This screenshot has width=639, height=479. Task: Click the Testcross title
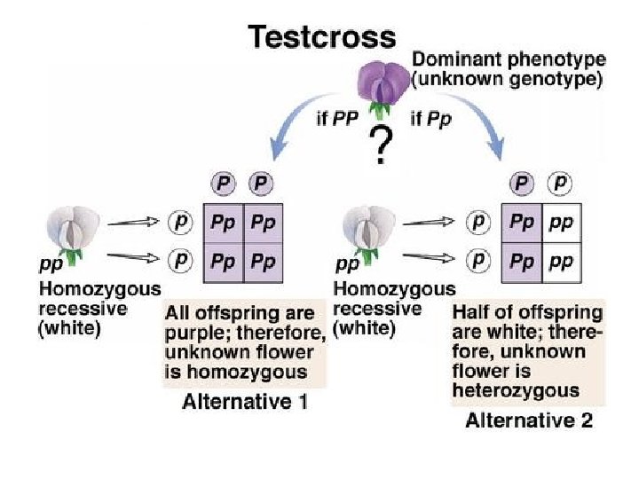pyautogui.click(x=321, y=36)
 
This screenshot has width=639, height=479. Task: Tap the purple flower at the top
pyautogui.click(x=381, y=86)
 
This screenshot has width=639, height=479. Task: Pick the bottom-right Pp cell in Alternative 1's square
pyautogui.click(x=264, y=263)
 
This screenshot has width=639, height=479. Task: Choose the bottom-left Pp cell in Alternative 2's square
pyautogui.click(x=521, y=263)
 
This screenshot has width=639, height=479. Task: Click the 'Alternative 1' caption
pyautogui.click(x=245, y=401)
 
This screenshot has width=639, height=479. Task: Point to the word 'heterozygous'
pyautogui.click(x=516, y=390)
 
